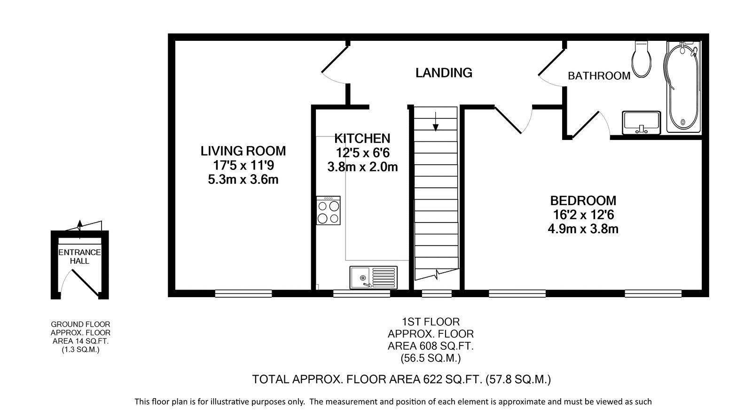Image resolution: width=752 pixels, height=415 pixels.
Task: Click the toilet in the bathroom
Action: [641, 59]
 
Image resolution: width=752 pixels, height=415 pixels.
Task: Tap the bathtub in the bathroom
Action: [683, 87]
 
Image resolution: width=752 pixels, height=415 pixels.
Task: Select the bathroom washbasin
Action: [641, 123]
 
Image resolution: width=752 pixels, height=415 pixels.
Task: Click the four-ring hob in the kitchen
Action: [329, 210]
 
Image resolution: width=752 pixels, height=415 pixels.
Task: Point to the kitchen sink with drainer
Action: [373, 277]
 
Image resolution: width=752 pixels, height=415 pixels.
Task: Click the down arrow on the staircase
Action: [435, 121]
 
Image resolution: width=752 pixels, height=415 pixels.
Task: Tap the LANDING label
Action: [444, 73]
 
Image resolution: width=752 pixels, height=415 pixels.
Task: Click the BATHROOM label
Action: [599, 76]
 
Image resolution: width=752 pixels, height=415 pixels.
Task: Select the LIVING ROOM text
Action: [243, 151]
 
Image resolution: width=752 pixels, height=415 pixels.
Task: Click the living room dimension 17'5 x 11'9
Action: [243, 165]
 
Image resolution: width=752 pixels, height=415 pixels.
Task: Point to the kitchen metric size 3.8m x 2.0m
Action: [362, 167]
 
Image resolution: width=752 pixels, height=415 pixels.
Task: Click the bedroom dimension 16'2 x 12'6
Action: [583, 215]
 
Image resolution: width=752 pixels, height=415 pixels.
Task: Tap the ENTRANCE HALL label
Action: [79, 256]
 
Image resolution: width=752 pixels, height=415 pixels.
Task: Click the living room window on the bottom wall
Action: [243, 294]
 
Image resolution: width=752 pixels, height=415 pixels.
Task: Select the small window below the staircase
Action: [437, 294]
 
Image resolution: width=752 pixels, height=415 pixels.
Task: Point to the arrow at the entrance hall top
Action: [79, 229]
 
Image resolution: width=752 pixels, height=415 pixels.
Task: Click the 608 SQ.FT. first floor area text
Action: [431, 346]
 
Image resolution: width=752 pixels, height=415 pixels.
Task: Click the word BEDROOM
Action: [583, 200]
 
